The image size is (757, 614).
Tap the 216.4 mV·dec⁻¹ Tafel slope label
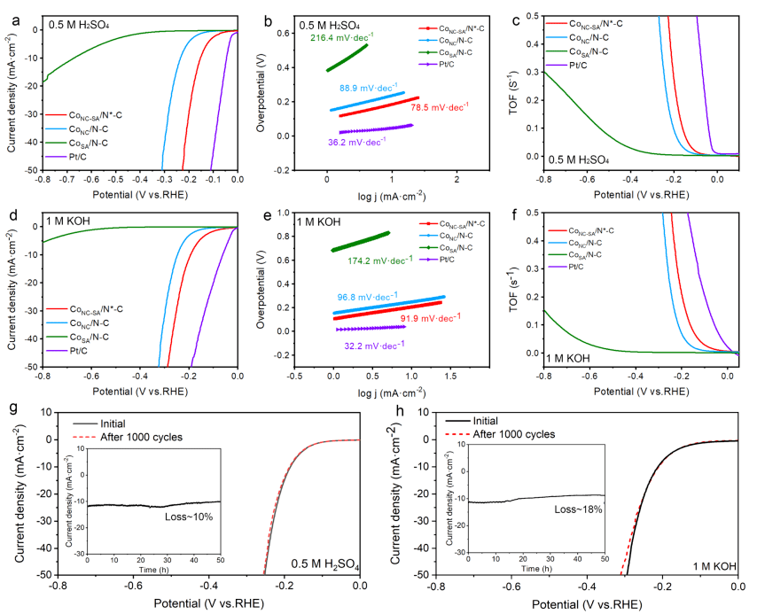(x=341, y=38)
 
